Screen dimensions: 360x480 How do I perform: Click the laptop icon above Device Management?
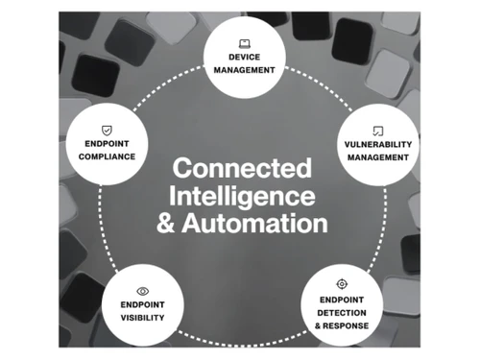point(245,42)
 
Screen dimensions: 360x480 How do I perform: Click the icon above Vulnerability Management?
point(377,130)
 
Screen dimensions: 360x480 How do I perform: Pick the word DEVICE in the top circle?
point(245,58)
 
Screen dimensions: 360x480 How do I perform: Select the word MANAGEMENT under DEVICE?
point(245,70)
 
